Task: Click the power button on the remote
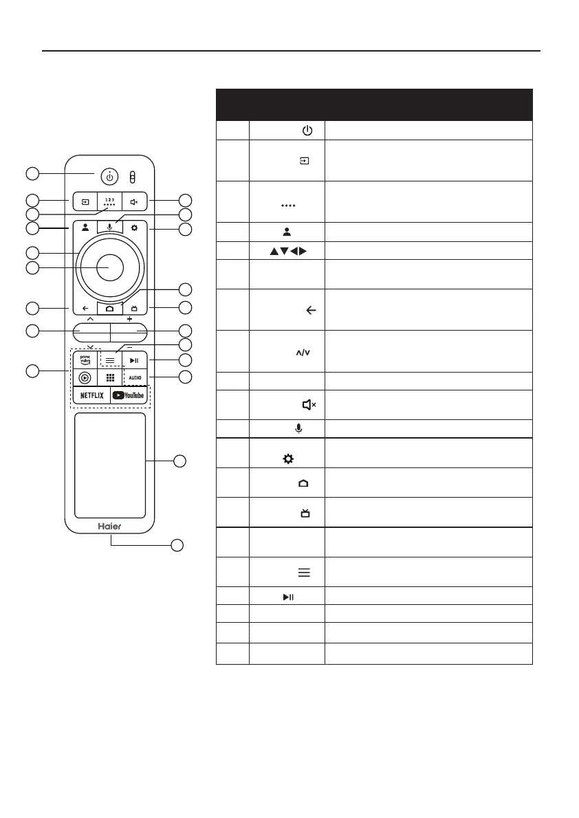(x=109, y=175)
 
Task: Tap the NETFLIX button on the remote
(x=91, y=395)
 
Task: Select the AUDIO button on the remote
(x=135, y=377)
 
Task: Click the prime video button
(x=85, y=360)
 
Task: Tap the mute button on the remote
(x=135, y=203)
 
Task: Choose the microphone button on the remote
(x=109, y=226)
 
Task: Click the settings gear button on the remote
(x=135, y=226)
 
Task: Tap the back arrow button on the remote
(x=84, y=309)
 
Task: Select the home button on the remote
(x=109, y=309)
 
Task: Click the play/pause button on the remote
(x=135, y=360)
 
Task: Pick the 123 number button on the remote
(x=109, y=203)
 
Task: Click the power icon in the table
(x=307, y=131)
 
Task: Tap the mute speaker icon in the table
(x=309, y=406)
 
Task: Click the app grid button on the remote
(x=109, y=377)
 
